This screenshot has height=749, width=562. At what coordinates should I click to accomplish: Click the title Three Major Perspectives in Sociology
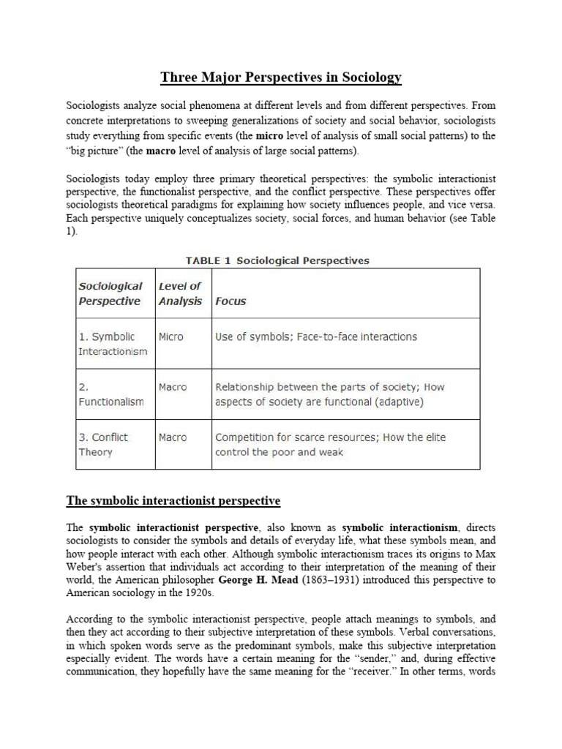[281, 77]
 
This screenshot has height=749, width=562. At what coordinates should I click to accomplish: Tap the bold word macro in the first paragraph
[164, 151]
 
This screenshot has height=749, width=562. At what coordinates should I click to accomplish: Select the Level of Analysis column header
[180, 293]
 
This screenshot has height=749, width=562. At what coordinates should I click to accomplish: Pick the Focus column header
[231, 301]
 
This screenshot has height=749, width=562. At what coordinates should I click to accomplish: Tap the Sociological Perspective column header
[110, 293]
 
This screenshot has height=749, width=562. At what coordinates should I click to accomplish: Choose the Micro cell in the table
[171, 337]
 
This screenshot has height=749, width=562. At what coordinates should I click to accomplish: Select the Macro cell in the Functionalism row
[173, 387]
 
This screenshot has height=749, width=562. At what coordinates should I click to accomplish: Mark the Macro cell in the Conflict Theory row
[173, 437]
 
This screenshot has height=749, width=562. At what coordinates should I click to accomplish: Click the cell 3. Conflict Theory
[103, 445]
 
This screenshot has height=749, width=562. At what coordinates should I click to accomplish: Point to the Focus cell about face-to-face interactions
[316, 337]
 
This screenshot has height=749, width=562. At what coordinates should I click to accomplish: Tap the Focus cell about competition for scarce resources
[330, 445]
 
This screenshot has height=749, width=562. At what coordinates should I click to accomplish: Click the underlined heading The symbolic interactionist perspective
[173, 501]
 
